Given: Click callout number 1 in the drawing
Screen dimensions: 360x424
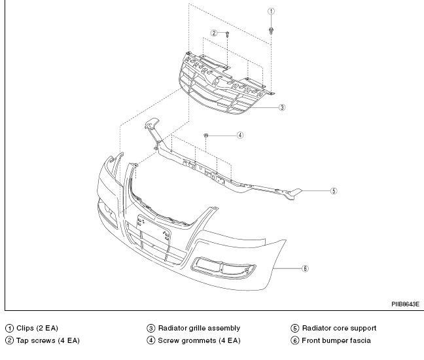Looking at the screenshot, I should (x=272, y=12).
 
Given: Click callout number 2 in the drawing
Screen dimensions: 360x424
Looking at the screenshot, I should (x=213, y=33).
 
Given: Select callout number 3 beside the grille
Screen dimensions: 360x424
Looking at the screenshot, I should (x=281, y=107).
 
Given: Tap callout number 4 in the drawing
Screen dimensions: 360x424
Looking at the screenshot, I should (x=240, y=135).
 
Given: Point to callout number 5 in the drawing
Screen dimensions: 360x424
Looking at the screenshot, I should (x=333, y=191).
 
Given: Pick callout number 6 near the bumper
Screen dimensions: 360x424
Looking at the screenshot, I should (x=305, y=268).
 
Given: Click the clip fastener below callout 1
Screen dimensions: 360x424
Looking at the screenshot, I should (x=272, y=30).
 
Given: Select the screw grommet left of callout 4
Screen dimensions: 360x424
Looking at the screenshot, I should (x=207, y=135).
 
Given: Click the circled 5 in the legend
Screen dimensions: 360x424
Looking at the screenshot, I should (x=295, y=329).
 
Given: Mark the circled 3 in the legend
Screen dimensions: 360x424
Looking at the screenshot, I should (x=151, y=329).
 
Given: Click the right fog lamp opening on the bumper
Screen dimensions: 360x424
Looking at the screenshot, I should (x=224, y=269).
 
